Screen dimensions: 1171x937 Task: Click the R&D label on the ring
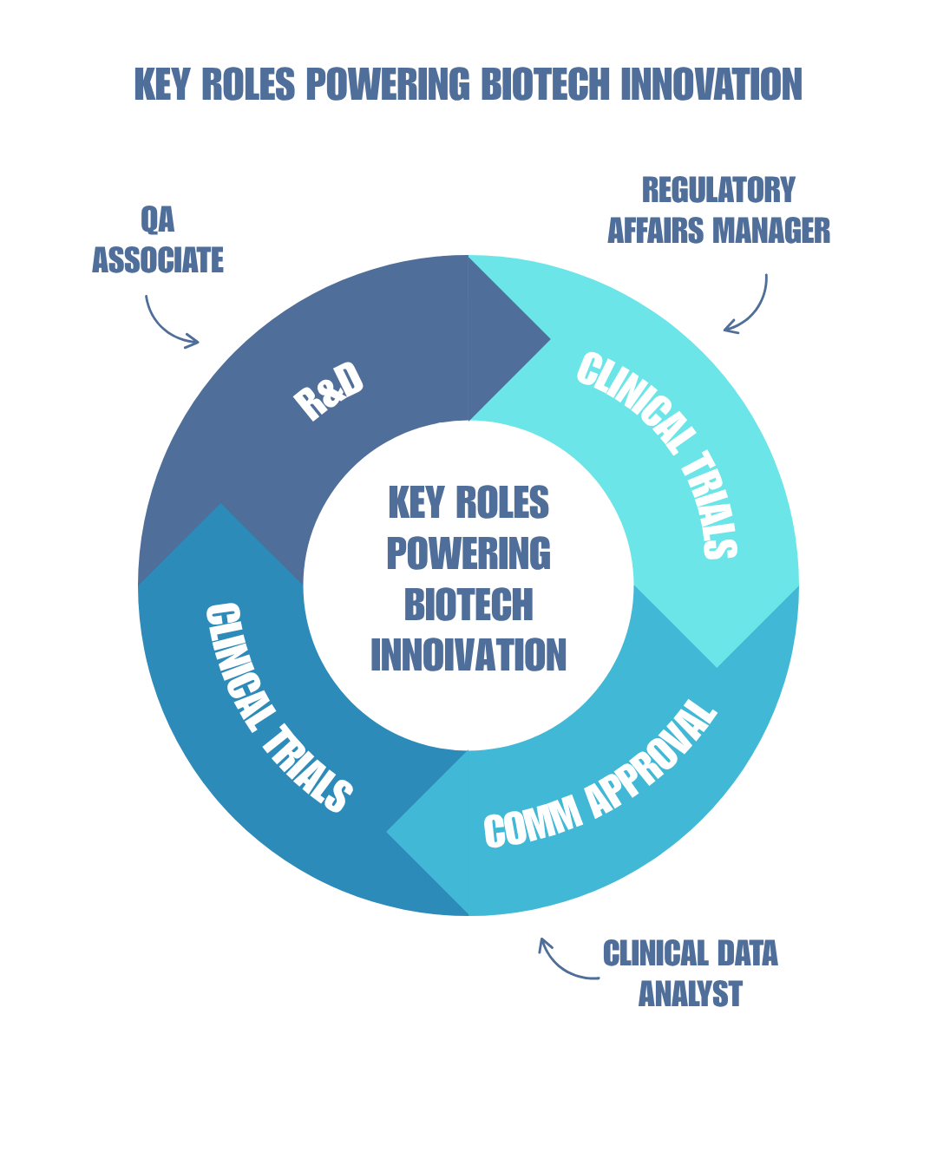[328, 392]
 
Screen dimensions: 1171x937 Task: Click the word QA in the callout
[158, 220]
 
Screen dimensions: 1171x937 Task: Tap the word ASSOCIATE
[158, 260]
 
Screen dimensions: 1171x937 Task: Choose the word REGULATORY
[718, 190]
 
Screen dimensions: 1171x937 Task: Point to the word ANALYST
[691, 994]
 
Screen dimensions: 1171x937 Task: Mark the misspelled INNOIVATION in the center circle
[468, 656]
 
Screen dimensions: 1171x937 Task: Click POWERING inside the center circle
[468, 554]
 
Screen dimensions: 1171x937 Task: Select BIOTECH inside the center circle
[468, 605]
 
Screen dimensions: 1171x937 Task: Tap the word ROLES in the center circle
[502, 503]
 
